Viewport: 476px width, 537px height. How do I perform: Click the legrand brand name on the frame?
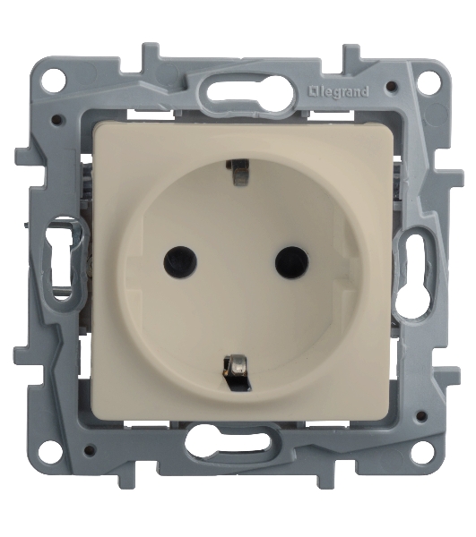(x=342, y=92)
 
